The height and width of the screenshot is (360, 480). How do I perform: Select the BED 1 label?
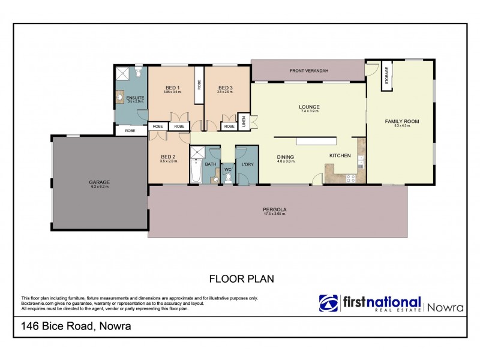tap(173, 88)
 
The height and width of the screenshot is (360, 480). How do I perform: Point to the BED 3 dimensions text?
tap(225, 92)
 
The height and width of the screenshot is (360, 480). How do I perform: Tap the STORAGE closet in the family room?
tap(386, 76)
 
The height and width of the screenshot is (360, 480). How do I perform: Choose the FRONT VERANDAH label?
tap(308, 71)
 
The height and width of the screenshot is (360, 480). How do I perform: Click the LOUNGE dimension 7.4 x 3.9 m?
tap(310, 112)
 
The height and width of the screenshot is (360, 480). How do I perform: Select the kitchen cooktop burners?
tap(351, 176)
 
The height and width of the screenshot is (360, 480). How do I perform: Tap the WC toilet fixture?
tap(227, 178)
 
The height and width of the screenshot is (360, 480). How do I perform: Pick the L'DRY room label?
tap(246, 164)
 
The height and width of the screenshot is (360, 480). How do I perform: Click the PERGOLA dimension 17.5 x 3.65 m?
tap(275, 214)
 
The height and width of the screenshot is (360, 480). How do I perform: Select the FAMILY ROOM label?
tap(401, 121)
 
